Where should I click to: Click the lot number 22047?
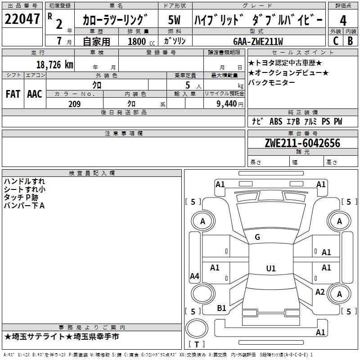pos(22,19)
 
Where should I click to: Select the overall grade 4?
pos(343,20)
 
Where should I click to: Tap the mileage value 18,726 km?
pos(54,65)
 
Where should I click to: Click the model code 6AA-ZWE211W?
pos(258,41)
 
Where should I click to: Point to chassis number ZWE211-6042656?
pos(302,143)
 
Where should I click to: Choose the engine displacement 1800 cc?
pos(141,41)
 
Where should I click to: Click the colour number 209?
pos(74,104)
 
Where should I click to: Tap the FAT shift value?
pos(13,94)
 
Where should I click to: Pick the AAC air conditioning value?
pos(35,94)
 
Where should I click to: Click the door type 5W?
pos(174,20)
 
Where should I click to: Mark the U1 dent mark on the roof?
pos(271,268)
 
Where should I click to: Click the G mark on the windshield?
pos(257,237)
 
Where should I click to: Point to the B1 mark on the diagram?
pos(221,308)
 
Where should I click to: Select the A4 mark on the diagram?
pos(194,276)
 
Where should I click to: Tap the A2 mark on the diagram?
pos(320,292)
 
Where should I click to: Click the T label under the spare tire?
pos(197,344)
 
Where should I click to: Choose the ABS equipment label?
pos(276,121)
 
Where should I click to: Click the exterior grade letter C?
pos(336,41)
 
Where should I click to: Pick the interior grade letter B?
pos(351,41)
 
